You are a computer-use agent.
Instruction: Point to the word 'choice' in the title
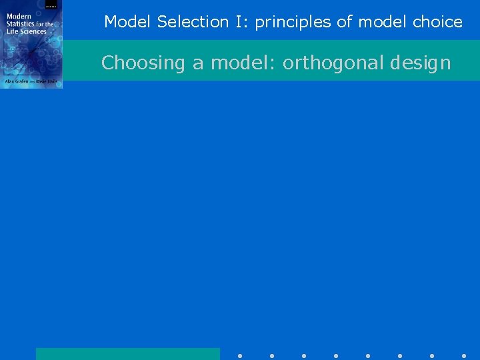(437, 22)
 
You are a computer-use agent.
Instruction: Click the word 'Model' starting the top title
(129, 22)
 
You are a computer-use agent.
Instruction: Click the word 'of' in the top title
(344, 22)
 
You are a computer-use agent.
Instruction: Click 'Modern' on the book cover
(19, 17)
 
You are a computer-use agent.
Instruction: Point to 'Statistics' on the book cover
(21, 24)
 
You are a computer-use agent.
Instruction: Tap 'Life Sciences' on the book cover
(27, 31)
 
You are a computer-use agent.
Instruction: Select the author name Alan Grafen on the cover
(17, 81)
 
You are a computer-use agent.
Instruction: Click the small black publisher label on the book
(51, 4)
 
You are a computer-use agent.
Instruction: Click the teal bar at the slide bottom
(127, 354)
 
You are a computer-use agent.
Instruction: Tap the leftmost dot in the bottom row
(240, 356)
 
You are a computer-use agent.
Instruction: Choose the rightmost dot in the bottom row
(464, 356)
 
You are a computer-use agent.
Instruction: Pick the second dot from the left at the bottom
(272, 356)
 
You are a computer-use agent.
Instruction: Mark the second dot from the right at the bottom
(432, 356)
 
